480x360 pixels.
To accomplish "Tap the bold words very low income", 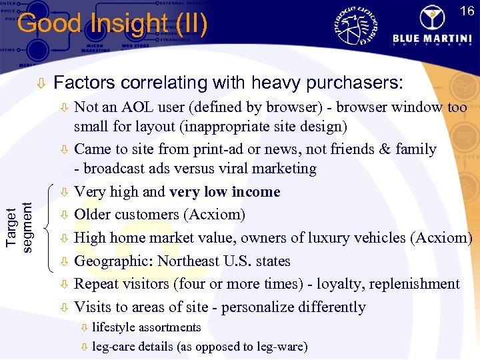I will coord(225,192).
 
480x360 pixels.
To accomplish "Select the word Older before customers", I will coord(94,215).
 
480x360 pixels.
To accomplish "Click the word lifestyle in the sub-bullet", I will coord(113,328).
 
